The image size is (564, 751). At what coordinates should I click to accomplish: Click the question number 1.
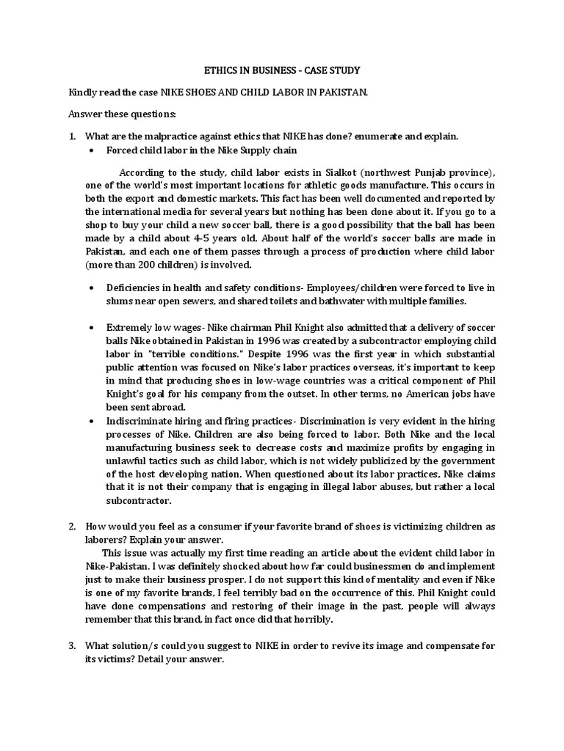(x=72, y=136)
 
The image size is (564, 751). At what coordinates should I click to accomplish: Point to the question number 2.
(x=72, y=527)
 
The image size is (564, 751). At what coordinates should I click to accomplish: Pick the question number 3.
(x=72, y=646)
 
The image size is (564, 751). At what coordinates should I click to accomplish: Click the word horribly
(x=311, y=619)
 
